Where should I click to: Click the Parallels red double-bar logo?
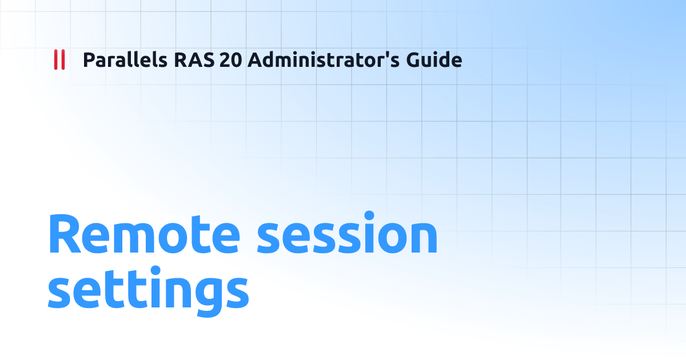(59, 59)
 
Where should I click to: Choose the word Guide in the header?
(434, 59)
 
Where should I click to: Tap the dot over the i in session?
(369, 216)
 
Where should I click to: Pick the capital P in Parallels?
(89, 59)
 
